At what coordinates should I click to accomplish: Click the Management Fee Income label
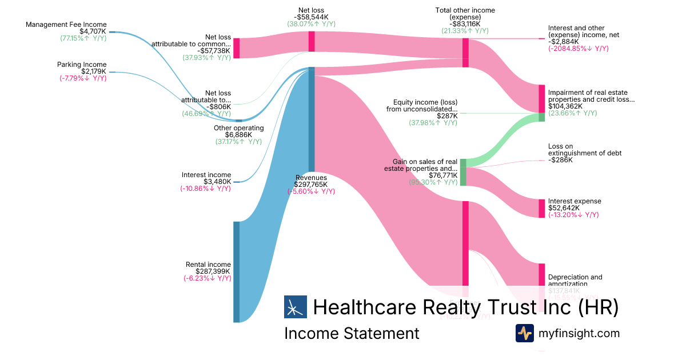[66, 25]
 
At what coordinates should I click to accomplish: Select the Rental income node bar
[236, 271]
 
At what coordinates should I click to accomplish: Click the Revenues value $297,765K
[311, 185]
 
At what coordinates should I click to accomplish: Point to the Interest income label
[206, 175]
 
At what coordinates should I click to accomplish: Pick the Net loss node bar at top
[312, 41]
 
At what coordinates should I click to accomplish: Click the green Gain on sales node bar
[463, 172]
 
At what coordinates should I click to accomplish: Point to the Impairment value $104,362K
[565, 106]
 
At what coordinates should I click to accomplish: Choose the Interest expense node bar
[541, 208]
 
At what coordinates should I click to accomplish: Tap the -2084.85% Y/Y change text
[578, 49]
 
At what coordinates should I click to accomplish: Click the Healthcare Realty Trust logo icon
[296, 307]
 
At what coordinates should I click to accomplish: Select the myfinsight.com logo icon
[524, 333]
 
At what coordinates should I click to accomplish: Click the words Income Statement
[352, 333]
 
